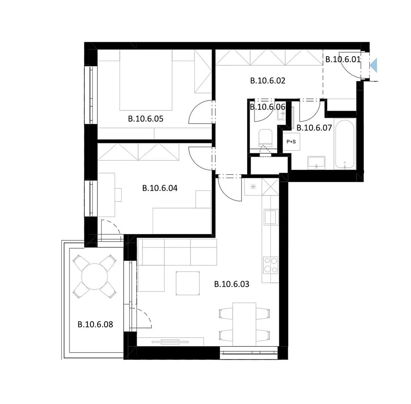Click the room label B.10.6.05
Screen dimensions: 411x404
pyautogui.click(x=145, y=119)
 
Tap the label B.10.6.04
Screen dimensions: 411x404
pyautogui.click(x=160, y=188)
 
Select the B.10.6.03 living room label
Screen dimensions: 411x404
pyautogui.click(x=232, y=284)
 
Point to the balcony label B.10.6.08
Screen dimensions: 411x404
pyautogui.click(x=95, y=324)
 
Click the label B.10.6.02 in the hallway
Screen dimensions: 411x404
pyautogui.click(x=268, y=81)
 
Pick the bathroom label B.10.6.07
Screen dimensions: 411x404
pyautogui.click(x=314, y=128)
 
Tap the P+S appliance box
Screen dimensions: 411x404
pyautogui.click(x=291, y=142)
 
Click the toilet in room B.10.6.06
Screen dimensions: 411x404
pyautogui.click(x=265, y=138)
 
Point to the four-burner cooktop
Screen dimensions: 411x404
pyautogui.click(x=271, y=265)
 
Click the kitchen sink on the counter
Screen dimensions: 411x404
pyautogui.click(x=271, y=217)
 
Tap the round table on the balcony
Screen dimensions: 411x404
pyautogui.click(x=94, y=277)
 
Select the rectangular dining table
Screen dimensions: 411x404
pyautogui.click(x=244, y=324)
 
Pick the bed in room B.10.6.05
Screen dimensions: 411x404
pyautogui.click(x=146, y=80)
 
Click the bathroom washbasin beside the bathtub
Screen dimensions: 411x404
pyautogui.click(x=316, y=163)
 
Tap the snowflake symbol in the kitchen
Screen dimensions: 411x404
pyautogui.click(x=253, y=187)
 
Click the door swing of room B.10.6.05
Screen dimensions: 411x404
pyautogui.click(x=200, y=112)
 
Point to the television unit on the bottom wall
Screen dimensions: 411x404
pyautogui.click(x=170, y=342)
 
